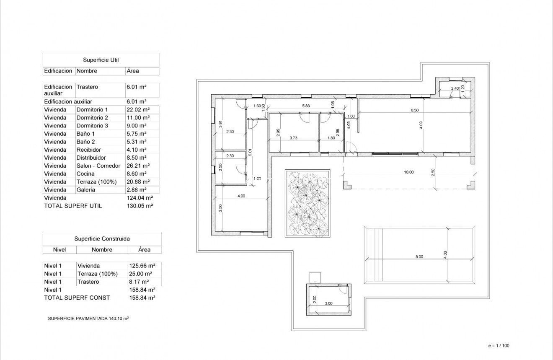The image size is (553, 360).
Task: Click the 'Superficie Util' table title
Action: tap(101, 60)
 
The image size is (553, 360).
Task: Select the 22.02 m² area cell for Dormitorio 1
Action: tap(136, 110)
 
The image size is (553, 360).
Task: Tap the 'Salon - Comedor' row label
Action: tap(98, 166)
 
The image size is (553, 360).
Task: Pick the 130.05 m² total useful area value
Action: tap(140, 206)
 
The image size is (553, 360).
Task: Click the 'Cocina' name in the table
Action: tap(85, 174)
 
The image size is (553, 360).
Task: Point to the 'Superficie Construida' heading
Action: tap(102, 239)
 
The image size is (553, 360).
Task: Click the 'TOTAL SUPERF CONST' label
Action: tap(77, 298)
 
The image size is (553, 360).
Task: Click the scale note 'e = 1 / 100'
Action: tap(499, 346)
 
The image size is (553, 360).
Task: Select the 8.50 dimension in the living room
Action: tap(414, 111)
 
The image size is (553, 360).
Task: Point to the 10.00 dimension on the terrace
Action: tap(408, 172)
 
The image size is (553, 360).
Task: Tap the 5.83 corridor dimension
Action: tap(305, 106)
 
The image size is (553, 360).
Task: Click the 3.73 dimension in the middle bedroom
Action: tap(293, 138)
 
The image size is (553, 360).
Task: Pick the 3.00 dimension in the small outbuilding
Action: tap(328, 303)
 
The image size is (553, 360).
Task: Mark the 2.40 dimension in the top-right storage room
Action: tap(455, 88)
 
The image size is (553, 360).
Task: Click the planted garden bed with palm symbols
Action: tap(307, 203)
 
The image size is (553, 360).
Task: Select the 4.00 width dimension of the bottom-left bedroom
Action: tap(241, 196)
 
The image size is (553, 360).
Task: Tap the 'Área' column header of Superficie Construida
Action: tap(144, 250)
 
